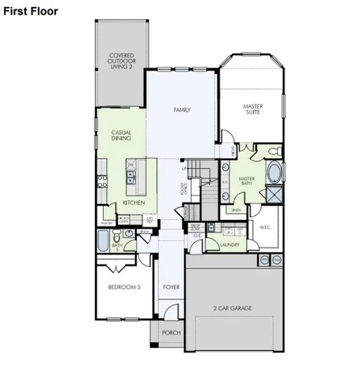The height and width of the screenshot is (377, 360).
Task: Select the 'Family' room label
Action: pos(182,110)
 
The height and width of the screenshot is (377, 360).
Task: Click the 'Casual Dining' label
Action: pos(121,135)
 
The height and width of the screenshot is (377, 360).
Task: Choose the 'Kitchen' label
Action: pos(134,203)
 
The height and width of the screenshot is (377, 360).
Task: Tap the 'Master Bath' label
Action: pos(247,181)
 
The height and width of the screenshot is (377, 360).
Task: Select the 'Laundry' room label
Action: pos(230,245)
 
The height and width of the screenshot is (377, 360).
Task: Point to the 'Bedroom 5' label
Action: pos(124,287)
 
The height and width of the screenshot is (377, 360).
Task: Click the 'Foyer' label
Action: pos(171,287)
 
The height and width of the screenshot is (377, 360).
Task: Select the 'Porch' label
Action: pos(171,333)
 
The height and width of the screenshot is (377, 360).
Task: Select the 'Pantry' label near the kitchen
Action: pos(103,223)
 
